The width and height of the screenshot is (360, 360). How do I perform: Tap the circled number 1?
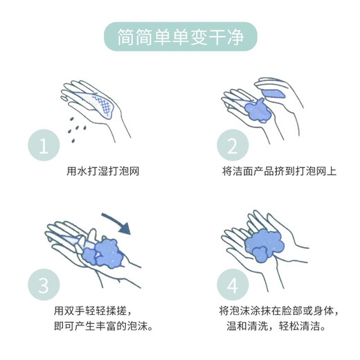[45, 147]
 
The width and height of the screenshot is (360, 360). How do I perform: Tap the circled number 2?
[232, 147]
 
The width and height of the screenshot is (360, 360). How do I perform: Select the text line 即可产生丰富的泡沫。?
[104, 325]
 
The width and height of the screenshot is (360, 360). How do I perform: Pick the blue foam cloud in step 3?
[107, 253]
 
